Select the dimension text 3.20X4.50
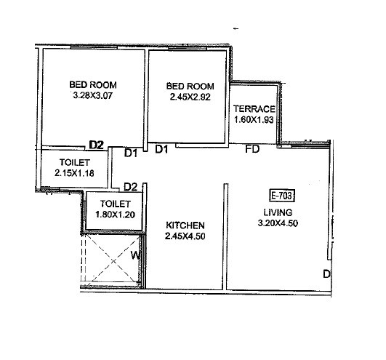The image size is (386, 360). click(278, 223)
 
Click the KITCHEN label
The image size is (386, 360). click(185, 225)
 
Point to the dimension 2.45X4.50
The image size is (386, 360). click(185, 236)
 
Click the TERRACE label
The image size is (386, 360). click(253, 109)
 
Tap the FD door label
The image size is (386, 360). click(252, 151)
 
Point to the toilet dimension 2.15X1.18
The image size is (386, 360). click(74, 173)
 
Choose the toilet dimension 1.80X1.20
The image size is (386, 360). click(115, 215)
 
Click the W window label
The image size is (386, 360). click(135, 255)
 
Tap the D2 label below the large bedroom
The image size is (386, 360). click(96, 144)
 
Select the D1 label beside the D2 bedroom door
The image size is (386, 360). click(131, 153)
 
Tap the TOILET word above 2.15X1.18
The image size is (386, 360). click(74, 162)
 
